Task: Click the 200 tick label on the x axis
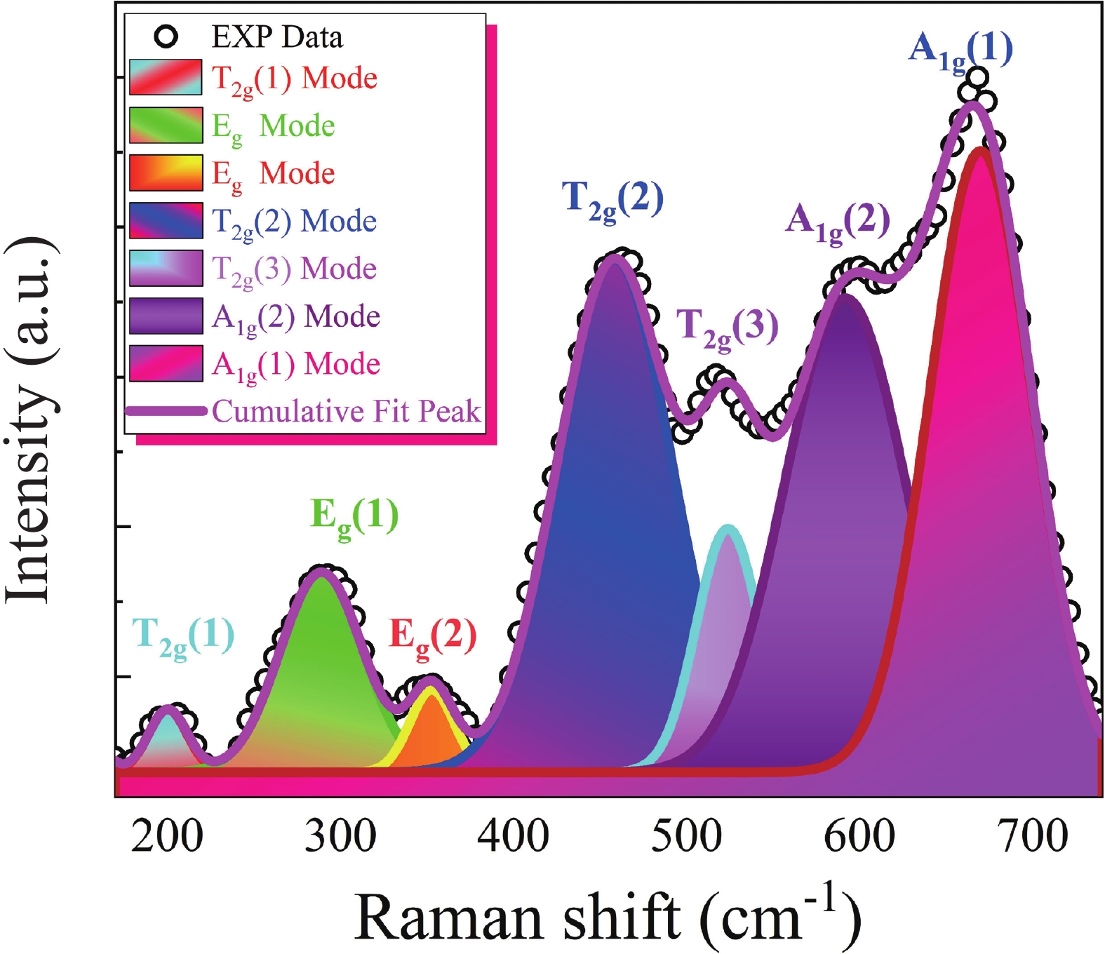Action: tap(167, 836)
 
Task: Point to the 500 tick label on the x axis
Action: tap(686, 836)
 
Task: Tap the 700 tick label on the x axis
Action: tap(1033, 836)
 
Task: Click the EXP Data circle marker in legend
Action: tap(166, 36)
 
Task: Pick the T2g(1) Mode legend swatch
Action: tap(166, 77)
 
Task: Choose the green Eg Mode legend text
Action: tap(274, 126)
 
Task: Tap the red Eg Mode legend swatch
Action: tap(166, 173)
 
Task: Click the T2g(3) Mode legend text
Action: tap(294, 269)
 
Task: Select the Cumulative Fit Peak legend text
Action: tap(347, 411)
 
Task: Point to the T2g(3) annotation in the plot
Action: tap(727, 328)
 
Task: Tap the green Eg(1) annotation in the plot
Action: tap(354, 518)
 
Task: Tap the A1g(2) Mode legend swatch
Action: tap(166, 316)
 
